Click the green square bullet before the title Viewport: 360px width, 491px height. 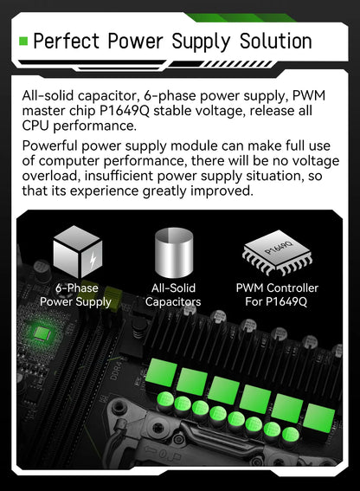click(x=23, y=41)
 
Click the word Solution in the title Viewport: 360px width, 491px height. click(x=276, y=42)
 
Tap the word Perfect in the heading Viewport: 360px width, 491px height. click(x=66, y=42)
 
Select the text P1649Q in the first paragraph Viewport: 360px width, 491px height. click(x=125, y=111)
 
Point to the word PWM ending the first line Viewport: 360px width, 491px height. click(x=309, y=95)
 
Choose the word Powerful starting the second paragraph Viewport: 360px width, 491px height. click(x=49, y=146)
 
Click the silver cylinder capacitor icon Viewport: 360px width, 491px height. click(x=173, y=252)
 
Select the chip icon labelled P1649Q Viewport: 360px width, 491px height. click(x=277, y=252)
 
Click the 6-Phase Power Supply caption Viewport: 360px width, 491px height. click(x=76, y=295)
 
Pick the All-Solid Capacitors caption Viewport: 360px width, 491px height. click(x=173, y=295)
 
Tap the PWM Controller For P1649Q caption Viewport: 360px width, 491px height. click(x=277, y=295)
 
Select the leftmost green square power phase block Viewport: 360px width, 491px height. click(x=161, y=372)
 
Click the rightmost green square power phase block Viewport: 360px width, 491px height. click(x=319, y=418)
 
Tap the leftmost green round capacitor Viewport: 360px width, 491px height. click(x=165, y=400)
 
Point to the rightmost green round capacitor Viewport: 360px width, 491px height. click(x=291, y=436)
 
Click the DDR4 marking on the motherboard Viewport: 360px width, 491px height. click(x=115, y=371)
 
